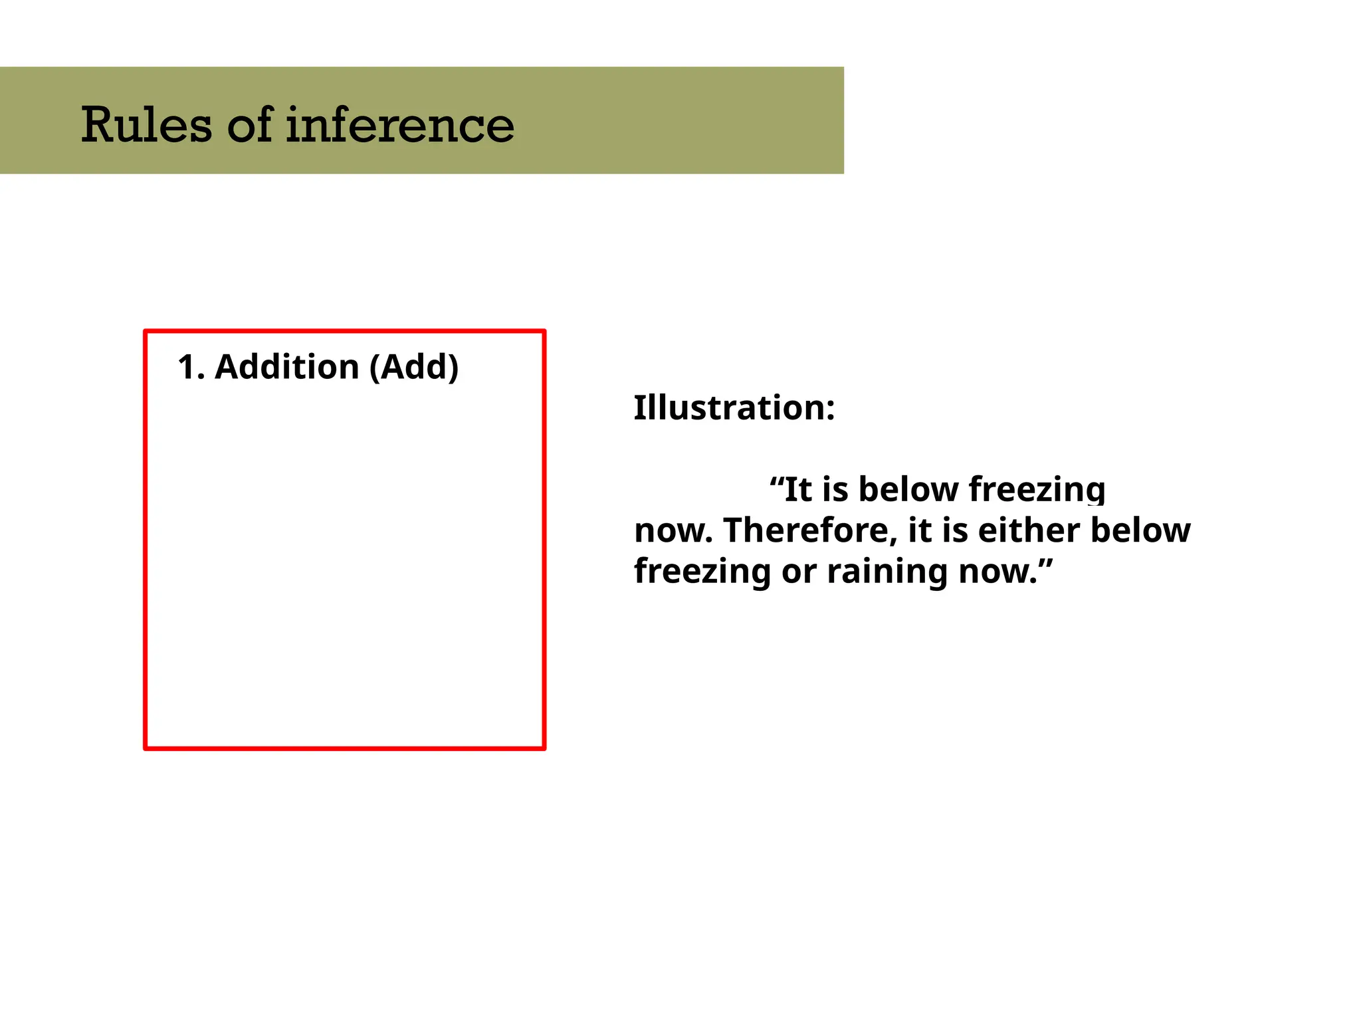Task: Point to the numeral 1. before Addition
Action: coord(191,367)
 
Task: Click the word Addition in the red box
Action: coord(287,367)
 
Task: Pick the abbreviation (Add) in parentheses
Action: coord(414,367)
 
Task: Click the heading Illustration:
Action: coord(734,407)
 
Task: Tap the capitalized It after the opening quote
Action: coord(797,489)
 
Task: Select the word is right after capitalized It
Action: coord(835,489)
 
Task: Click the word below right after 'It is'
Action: coord(908,489)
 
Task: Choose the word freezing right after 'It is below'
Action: coord(1037,491)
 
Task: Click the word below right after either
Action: coord(1140,530)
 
